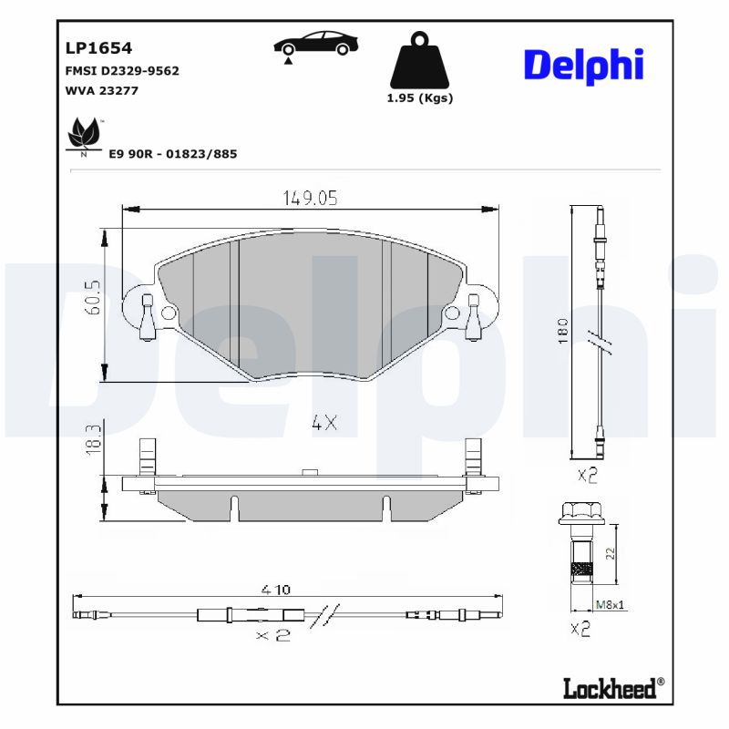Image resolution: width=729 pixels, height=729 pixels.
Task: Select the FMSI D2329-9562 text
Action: (x=121, y=70)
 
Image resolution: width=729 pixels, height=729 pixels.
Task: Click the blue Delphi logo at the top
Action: (x=583, y=65)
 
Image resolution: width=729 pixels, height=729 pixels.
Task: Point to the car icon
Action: (x=316, y=44)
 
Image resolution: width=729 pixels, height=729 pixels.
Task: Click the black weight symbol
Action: (x=420, y=61)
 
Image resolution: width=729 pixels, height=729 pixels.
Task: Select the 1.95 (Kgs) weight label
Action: (x=420, y=98)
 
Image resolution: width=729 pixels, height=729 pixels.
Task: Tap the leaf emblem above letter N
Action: (x=84, y=134)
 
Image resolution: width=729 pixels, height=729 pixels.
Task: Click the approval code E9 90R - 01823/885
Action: (x=172, y=154)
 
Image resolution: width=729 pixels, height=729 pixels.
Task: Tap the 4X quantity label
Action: (x=323, y=423)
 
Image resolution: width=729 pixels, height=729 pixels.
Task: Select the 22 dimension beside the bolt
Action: (x=610, y=553)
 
